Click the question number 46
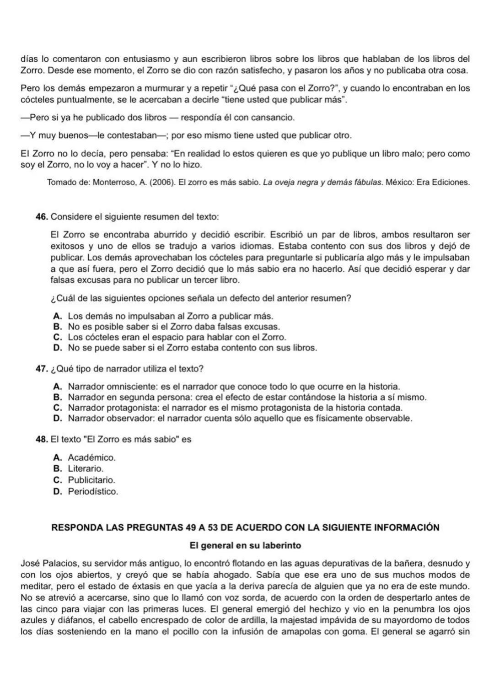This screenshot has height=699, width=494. click(x=42, y=216)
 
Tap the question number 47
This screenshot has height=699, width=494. click(x=42, y=369)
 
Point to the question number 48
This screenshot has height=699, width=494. click(x=42, y=439)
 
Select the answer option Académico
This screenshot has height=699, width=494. click(x=91, y=457)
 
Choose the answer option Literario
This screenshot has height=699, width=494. click(x=86, y=469)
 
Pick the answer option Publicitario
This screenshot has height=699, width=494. click(x=91, y=480)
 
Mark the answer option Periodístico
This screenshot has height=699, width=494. click(x=93, y=492)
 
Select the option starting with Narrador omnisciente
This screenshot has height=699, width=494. click(x=233, y=387)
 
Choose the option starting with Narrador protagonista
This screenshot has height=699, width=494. click(x=235, y=408)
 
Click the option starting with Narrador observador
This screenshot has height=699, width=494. click(x=240, y=419)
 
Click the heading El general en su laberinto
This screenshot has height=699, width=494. click(x=245, y=546)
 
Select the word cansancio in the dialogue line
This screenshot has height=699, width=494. click(x=274, y=118)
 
